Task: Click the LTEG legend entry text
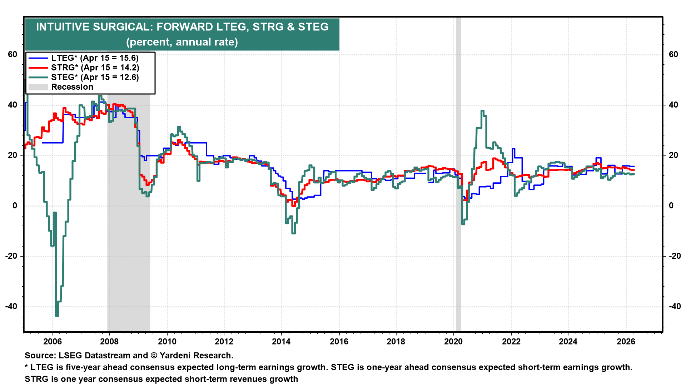point(95,58)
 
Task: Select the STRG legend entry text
point(95,68)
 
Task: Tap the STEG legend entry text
point(95,77)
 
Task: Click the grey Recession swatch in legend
point(38,87)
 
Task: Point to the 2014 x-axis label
point(281,341)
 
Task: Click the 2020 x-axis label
point(453,341)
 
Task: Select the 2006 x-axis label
point(52,341)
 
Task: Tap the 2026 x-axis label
point(626,341)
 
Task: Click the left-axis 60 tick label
point(13,54)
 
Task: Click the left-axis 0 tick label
point(15,206)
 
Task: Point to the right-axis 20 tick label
point(673,155)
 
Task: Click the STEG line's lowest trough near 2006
point(57,315)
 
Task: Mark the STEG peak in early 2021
point(482,111)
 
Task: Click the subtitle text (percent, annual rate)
point(182,42)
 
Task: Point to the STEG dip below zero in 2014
point(293,233)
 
